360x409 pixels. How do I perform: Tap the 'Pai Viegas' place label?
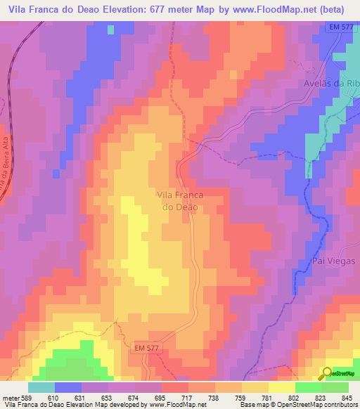[x=333, y=261]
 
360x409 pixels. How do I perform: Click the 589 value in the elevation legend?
[x=27, y=397]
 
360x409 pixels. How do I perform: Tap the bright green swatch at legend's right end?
[x=335, y=387]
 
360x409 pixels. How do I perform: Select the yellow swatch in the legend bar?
[x=282, y=387]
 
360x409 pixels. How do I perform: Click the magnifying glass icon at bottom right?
[x=328, y=374]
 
